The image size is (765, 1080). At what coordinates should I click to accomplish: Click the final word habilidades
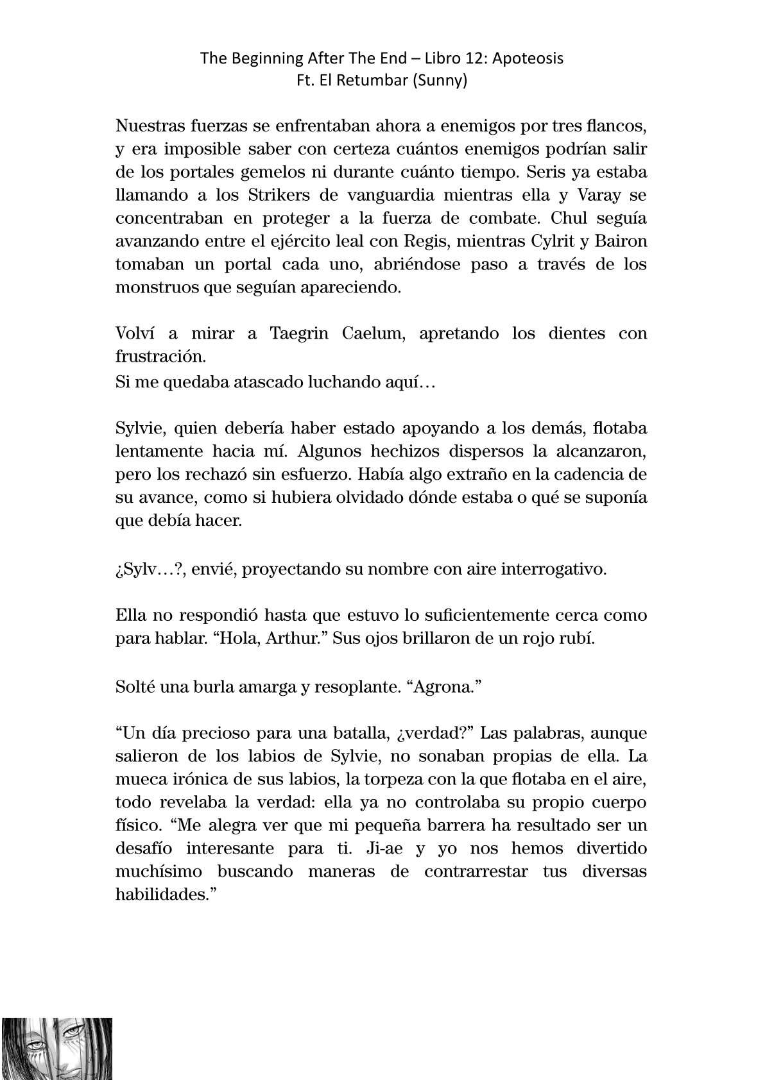pyautogui.click(x=165, y=895)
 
